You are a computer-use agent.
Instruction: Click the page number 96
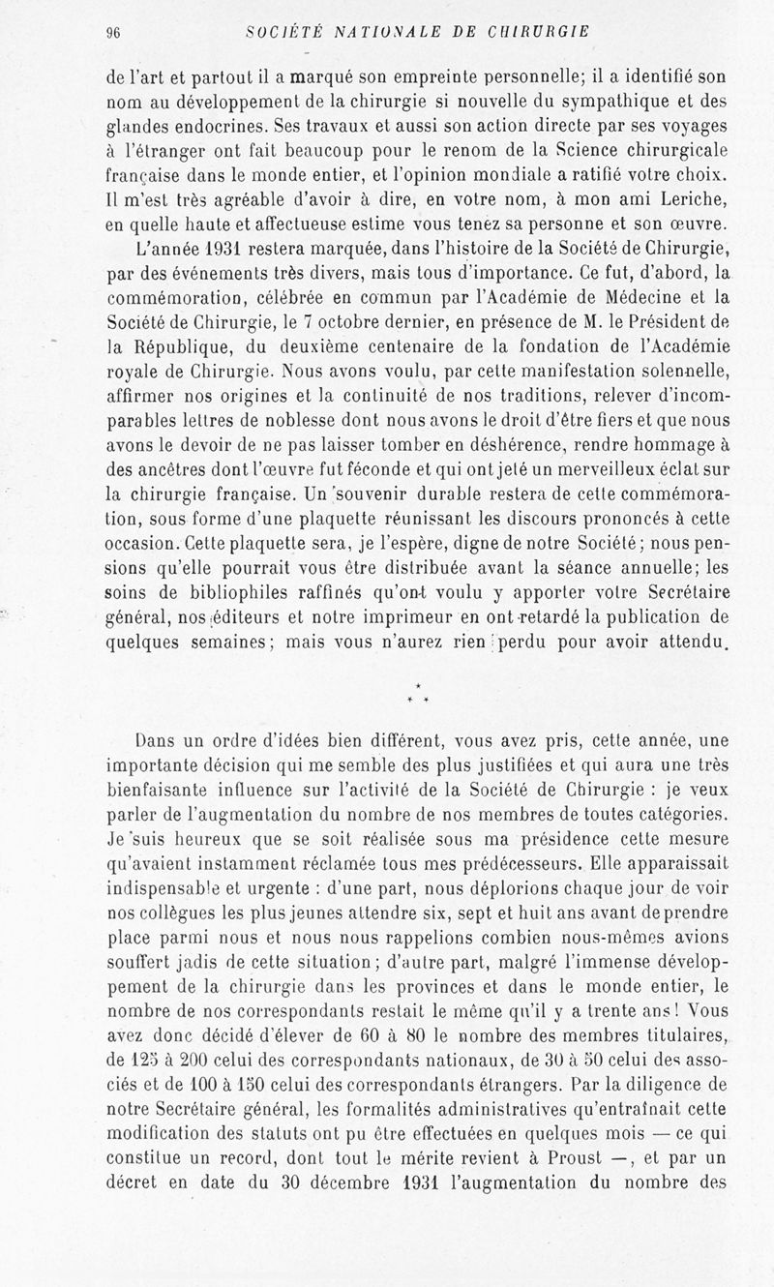tap(111, 31)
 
